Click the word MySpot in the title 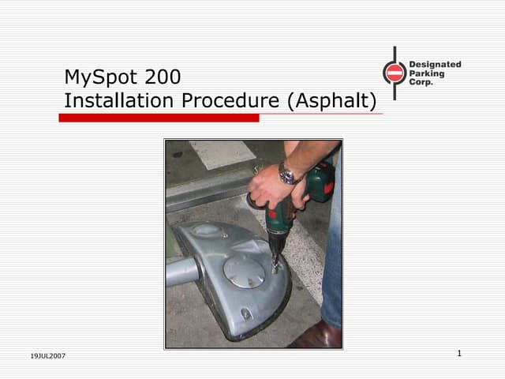[100, 77]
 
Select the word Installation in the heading [119, 101]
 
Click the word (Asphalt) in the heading [331, 101]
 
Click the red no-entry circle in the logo [395, 73]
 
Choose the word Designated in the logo [435, 65]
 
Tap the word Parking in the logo [427, 73]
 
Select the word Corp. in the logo [421, 82]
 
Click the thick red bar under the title [159, 118]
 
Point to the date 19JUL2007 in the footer [48, 356]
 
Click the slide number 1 [458, 353]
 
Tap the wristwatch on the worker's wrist [287, 174]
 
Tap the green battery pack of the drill [320, 184]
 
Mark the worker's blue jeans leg [332, 261]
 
